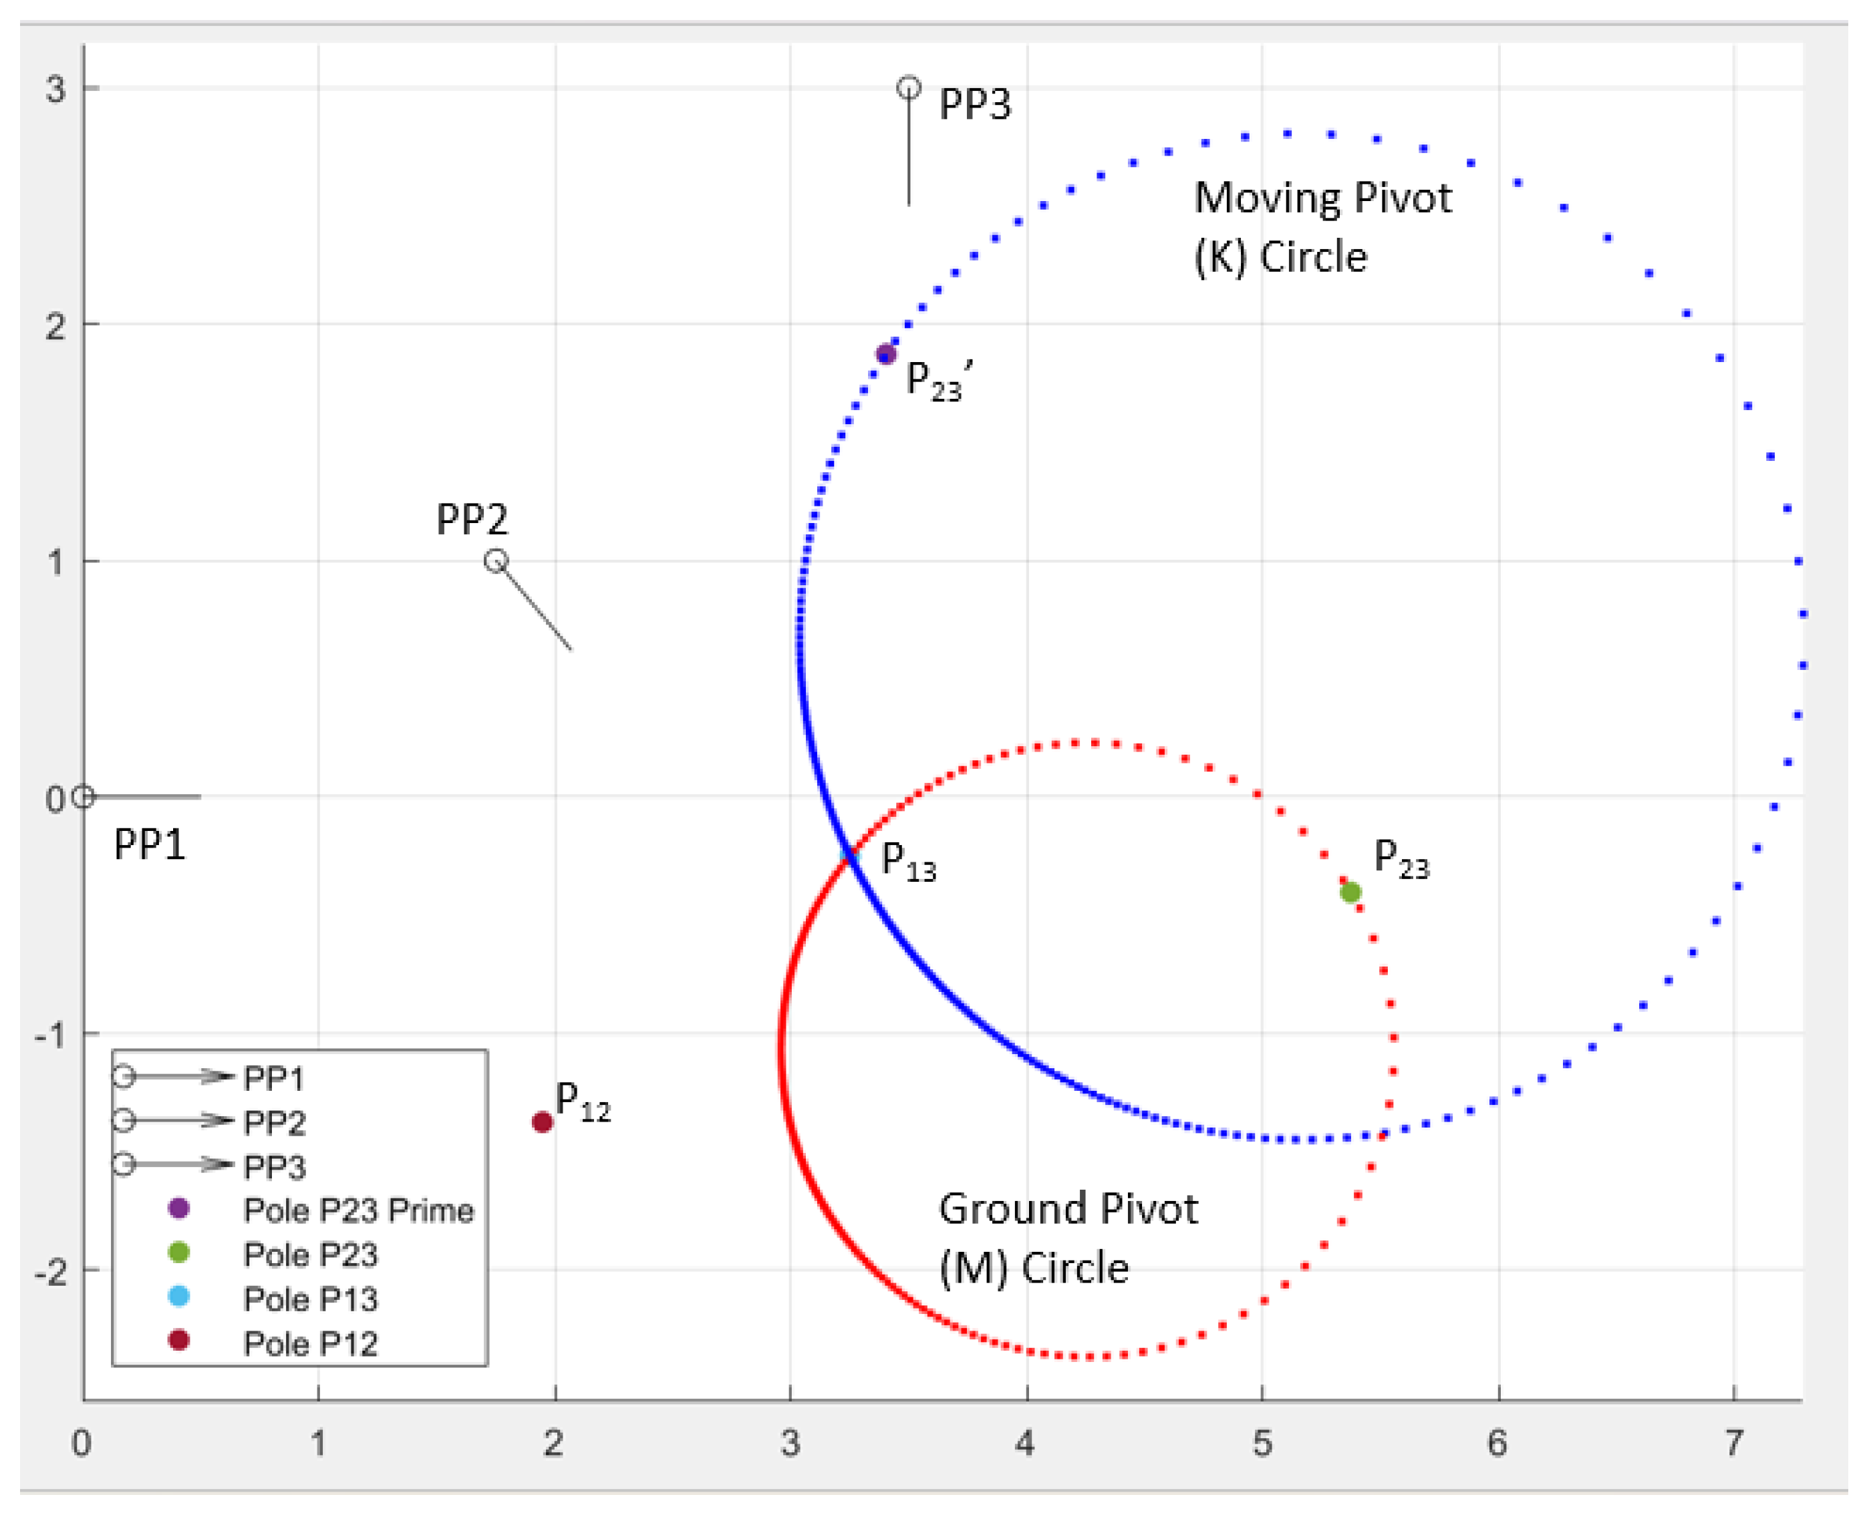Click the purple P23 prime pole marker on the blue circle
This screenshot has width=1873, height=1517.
point(886,354)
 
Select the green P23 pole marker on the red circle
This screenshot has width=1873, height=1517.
point(1350,892)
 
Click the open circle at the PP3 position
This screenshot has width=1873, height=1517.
point(909,88)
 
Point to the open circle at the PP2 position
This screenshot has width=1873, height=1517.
point(496,560)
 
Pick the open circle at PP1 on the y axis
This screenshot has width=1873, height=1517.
point(83,797)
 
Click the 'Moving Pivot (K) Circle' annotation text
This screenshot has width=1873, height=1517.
point(1322,227)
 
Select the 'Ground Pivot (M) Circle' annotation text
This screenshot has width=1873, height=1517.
point(1067,1238)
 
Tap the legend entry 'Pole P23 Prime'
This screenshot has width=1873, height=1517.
point(358,1210)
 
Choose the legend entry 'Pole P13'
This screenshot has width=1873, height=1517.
point(310,1299)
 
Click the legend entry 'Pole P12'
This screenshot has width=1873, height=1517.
point(310,1344)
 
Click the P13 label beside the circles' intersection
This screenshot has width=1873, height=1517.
point(908,862)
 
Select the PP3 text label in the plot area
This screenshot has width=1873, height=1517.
point(974,105)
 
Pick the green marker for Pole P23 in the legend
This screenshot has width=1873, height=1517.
point(178,1252)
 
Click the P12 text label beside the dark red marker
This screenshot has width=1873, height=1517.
point(582,1102)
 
